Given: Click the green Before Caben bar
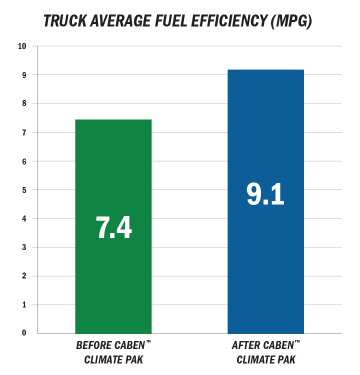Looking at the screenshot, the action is (x=113, y=226).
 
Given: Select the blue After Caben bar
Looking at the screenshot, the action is (x=266, y=201).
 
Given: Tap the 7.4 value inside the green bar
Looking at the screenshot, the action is (x=113, y=227).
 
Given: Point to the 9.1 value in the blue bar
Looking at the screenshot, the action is (x=265, y=194).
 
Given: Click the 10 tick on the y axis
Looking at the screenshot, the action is (x=22, y=46).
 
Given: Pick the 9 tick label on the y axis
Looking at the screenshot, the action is (x=24, y=75).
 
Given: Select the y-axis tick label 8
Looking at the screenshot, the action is (x=24, y=103).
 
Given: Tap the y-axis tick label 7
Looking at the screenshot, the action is (x=24, y=132).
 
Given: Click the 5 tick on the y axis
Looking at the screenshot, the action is (x=24, y=190).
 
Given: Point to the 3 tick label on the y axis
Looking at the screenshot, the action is (x=24, y=247).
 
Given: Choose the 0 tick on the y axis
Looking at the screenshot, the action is (x=24, y=332).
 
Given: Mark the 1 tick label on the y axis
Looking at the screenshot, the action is (x=24, y=304).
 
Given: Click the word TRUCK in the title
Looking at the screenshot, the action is (x=65, y=21).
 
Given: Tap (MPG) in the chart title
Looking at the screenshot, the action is (x=291, y=21).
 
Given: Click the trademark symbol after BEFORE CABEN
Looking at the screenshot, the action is (x=148, y=341).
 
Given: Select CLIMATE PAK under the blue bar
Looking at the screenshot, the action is (x=266, y=359).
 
